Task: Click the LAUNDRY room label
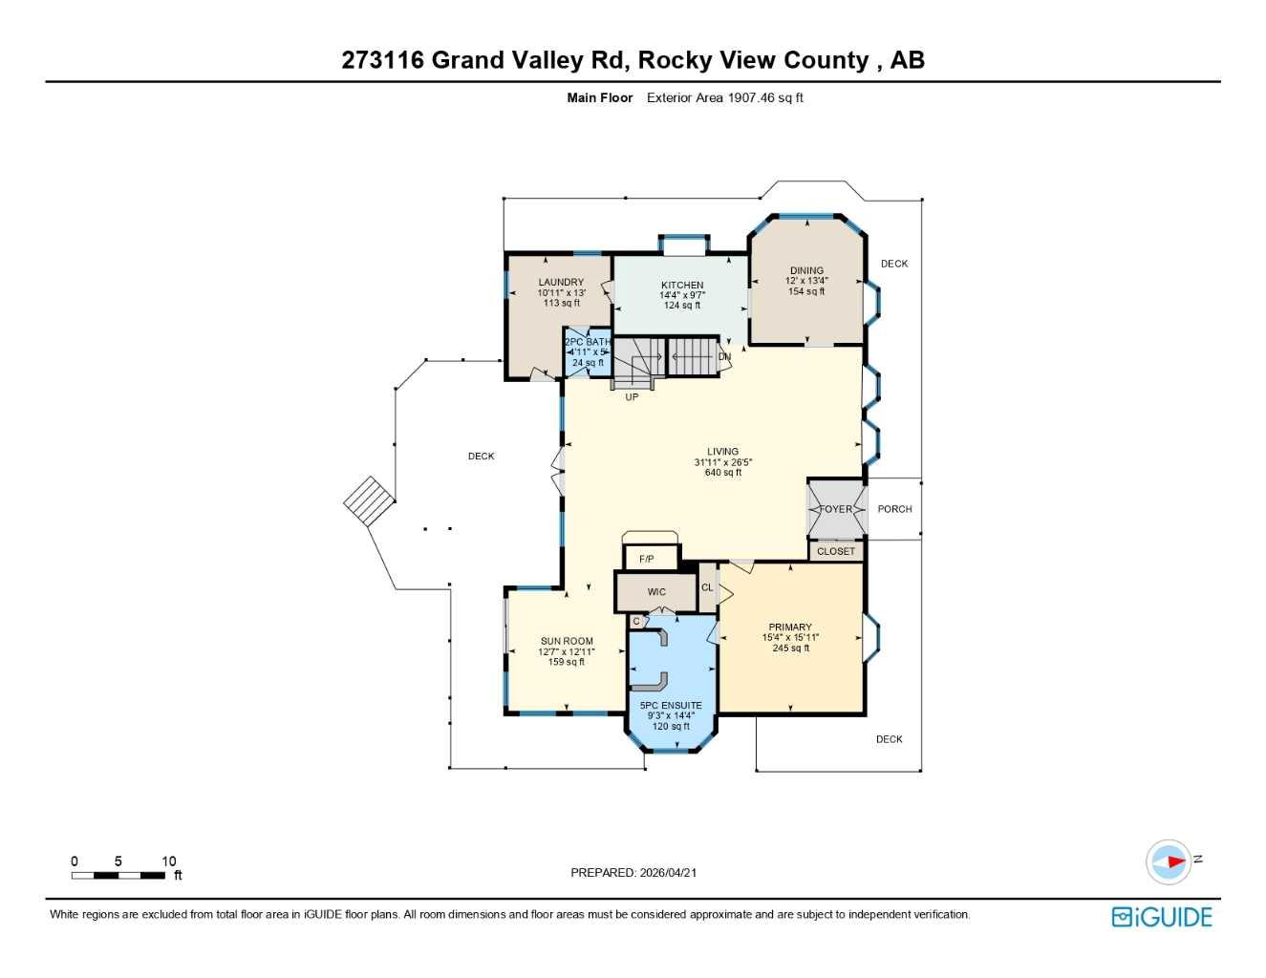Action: click(x=561, y=283)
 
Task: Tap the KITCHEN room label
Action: click(x=682, y=286)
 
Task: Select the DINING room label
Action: click(x=806, y=271)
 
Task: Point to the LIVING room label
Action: click(x=722, y=452)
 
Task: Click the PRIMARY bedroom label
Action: click(x=790, y=627)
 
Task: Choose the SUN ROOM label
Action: click(x=567, y=642)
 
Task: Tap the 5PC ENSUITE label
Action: click(x=671, y=706)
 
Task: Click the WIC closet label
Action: click(x=656, y=592)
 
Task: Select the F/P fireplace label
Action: click(x=647, y=559)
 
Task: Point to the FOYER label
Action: click(x=836, y=509)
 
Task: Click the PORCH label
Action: click(x=894, y=509)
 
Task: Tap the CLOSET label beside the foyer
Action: click(x=836, y=551)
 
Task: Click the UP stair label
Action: click(x=632, y=397)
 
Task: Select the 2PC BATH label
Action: click(x=588, y=342)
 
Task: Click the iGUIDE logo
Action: click(x=1162, y=917)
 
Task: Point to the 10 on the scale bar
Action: click(x=168, y=861)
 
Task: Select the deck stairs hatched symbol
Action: click(x=369, y=500)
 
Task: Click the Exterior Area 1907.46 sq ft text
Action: click(x=724, y=97)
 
